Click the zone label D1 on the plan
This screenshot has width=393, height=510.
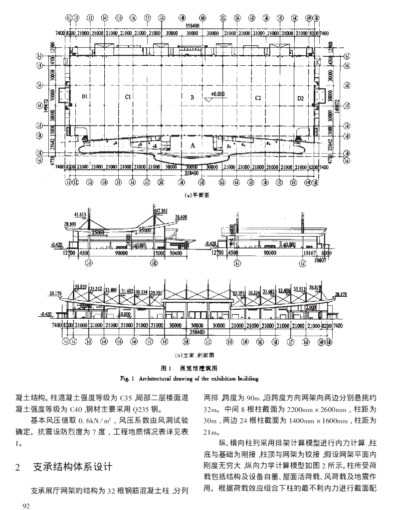[x=86, y=97]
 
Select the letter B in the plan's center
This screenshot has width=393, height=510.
[x=192, y=98]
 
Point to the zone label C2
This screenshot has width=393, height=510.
[x=258, y=98]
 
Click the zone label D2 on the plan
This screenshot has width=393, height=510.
[x=300, y=98]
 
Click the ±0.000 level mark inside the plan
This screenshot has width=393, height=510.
[x=218, y=94]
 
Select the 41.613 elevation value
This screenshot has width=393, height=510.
[x=80, y=214]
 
